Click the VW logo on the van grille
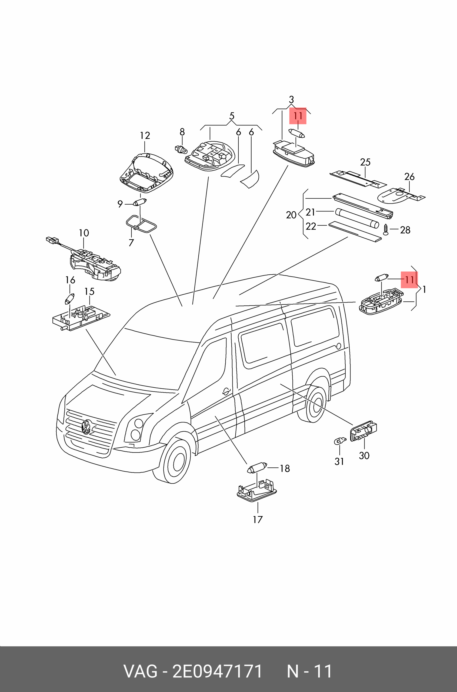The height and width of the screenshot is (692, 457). [x=86, y=427]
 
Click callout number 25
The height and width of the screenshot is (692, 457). [x=365, y=162]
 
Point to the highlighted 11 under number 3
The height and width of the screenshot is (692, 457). [x=298, y=116]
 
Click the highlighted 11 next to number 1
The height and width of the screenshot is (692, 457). [x=409, y=280]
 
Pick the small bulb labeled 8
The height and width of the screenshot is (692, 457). [x=180, y=150]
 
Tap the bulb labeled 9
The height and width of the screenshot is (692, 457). [x=140, y=202]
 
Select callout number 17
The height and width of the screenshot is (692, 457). [x=258, y=520]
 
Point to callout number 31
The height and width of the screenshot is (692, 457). [x=339, y=461]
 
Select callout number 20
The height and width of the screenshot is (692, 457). [x=291, y=215]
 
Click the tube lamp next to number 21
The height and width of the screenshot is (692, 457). [x=357, y=218]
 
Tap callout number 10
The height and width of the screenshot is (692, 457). [x=84, y=233]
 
